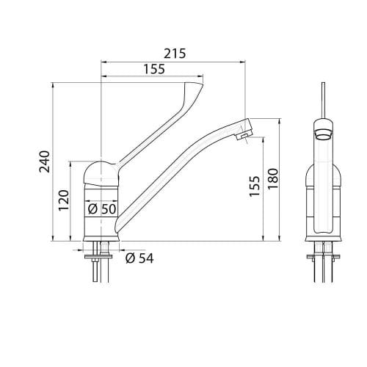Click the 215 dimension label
175,54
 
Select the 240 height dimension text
45,162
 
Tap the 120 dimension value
64,200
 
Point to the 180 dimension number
273,179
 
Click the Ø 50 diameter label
102,209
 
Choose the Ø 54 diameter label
139,258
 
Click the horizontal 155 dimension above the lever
154,69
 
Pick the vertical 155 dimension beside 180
255,186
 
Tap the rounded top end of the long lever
193,87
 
